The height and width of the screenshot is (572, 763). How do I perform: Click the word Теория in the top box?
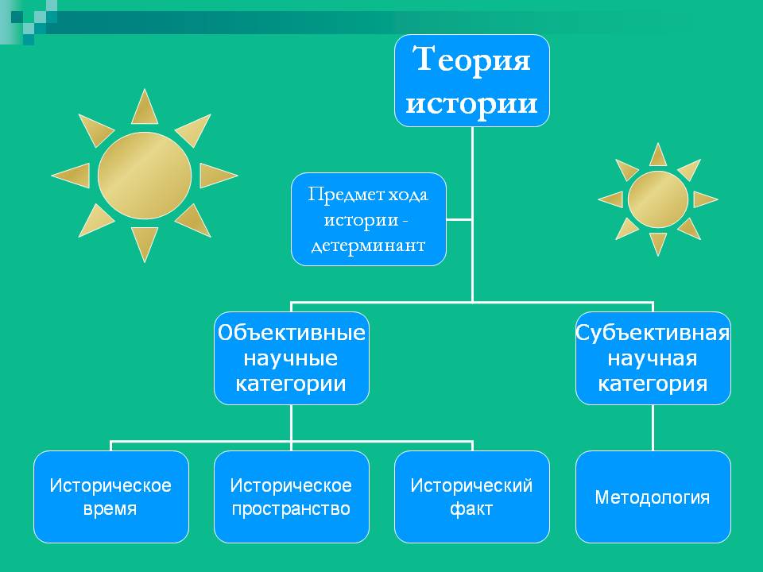[471, 60]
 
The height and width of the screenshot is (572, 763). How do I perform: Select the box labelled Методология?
[653, 497]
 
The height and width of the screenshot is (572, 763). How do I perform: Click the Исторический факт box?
[471, 497]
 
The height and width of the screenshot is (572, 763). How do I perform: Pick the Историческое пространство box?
[291, 497]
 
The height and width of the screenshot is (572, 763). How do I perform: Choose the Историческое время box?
[110, 497]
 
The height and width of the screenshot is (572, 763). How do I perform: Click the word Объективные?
[291, 332]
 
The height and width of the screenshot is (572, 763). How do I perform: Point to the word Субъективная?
[653, 332]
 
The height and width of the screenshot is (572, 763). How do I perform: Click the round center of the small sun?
[657, 199]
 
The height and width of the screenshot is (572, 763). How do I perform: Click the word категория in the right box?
[653, 385]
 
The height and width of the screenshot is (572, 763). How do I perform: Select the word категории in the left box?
[291, 385]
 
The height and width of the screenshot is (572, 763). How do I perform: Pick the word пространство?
[291, 509]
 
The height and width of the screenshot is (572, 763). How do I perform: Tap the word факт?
[471, 509]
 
